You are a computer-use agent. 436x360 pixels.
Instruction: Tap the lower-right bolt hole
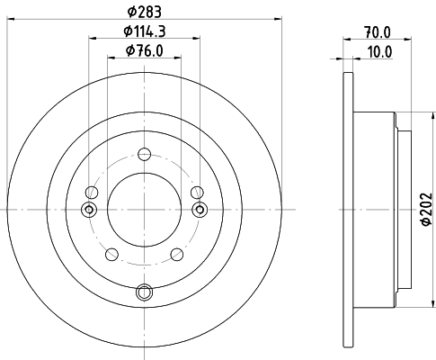click(x=175, y=255)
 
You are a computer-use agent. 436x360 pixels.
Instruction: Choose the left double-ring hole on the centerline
click(x=88, y=209)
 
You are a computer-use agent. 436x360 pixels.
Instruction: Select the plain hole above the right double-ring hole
click(x=197, y=192)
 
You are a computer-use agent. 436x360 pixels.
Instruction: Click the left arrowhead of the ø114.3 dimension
click(x=92, y=37)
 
